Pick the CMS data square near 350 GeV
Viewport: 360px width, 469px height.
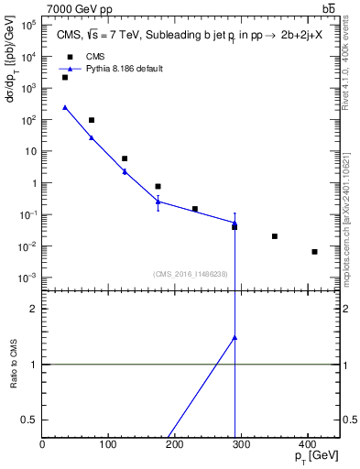275,236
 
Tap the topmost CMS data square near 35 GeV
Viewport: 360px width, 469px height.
65,78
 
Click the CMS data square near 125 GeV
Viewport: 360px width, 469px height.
125,158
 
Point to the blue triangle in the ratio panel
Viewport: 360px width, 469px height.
235,337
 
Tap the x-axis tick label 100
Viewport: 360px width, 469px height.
108,444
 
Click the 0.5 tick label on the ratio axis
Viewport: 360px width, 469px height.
29,420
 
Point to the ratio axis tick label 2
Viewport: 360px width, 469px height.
33,309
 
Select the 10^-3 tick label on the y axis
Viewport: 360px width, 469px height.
27,278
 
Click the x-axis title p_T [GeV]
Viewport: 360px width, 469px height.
315,457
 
